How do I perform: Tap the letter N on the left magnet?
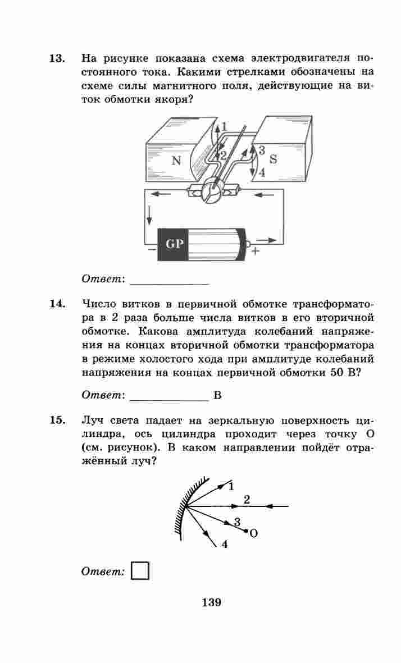[x=176, y=161]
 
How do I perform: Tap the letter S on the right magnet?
[x=273, y=159]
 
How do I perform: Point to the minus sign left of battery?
[x=150, y=251]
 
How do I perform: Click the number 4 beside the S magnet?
[x=262, y=173]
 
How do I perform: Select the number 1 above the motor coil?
[x=224, y=126]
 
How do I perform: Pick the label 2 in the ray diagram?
[x=247, y=498]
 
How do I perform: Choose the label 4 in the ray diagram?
[x=224, y=544]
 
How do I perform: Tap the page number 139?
[x=211, y=603]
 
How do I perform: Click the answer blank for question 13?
[x=168, y=279]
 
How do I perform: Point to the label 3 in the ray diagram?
[x=237, y=522]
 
